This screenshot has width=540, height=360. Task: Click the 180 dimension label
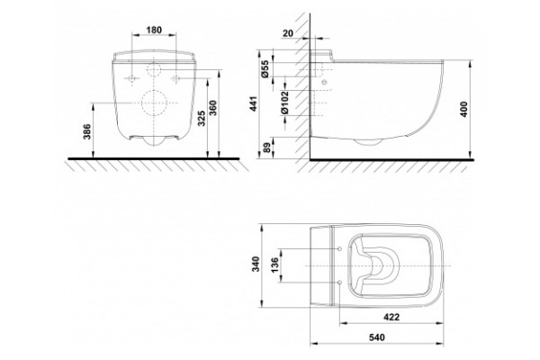point(154,30)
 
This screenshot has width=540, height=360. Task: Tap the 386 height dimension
point(87,131)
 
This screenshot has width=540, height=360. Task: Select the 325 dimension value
point(202,118)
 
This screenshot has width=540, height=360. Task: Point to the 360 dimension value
point(213,107)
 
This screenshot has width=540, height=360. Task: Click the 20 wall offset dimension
point(288,33)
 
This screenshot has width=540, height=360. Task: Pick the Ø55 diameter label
point(265,68)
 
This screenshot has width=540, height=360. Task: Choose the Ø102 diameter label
point(284,103)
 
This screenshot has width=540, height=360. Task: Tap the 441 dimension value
point(254,103)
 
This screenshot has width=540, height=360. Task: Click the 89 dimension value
point(266,148)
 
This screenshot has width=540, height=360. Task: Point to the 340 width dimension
point(256,265)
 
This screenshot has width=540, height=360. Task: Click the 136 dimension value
point(274,265)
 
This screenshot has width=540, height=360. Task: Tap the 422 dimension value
point(391,317)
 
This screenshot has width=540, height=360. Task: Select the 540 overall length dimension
point(377,337)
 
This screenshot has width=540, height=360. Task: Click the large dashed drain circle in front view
point(154,103)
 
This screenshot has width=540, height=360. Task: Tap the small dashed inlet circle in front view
point(154,70)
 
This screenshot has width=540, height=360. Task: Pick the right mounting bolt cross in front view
point(176,79)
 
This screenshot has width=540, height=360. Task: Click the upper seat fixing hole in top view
point(340,248)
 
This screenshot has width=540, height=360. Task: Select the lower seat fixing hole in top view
point(340,283)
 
